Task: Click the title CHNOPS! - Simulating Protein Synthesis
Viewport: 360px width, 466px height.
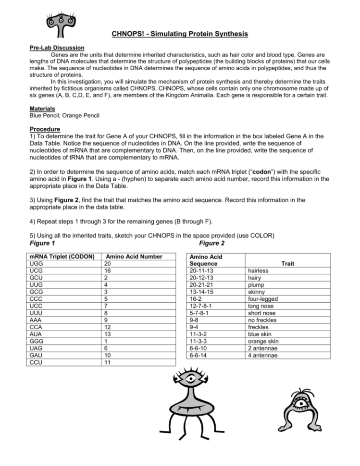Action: click(x=180, y=34)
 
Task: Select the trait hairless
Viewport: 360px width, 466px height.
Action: click(x=258, y=271)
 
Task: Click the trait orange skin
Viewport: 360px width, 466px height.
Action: click(x=262, y=341)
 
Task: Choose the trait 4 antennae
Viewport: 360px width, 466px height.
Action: click(x=261, y=356)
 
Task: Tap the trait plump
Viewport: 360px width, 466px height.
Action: click(x=255, y=285)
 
